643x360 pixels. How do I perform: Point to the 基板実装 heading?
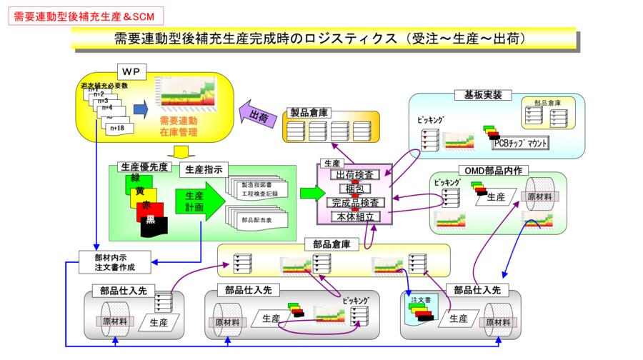483,94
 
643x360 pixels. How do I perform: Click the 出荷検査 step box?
355,175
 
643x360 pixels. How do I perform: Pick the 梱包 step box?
355,189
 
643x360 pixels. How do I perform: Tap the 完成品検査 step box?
355,203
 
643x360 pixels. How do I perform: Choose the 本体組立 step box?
355,216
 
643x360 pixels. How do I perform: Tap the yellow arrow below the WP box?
181,151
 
